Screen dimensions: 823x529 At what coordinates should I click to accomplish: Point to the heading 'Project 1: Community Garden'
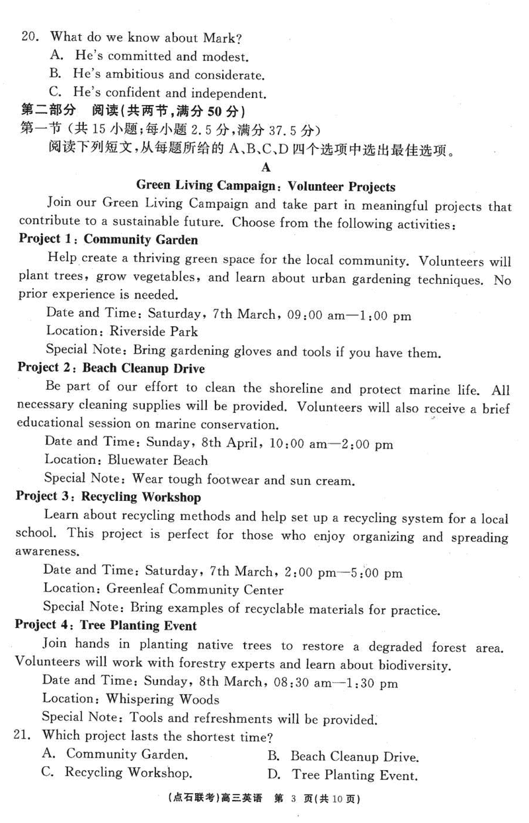[x=108, y=239]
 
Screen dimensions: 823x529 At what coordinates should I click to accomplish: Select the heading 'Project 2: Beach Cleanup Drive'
[x=111, y=368]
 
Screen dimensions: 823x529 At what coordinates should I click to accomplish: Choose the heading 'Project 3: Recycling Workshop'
[x=108, y=497]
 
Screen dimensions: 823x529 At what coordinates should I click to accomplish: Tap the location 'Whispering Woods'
[x=163, y=699]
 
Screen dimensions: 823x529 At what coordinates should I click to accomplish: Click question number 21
[x=27, y=735]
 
